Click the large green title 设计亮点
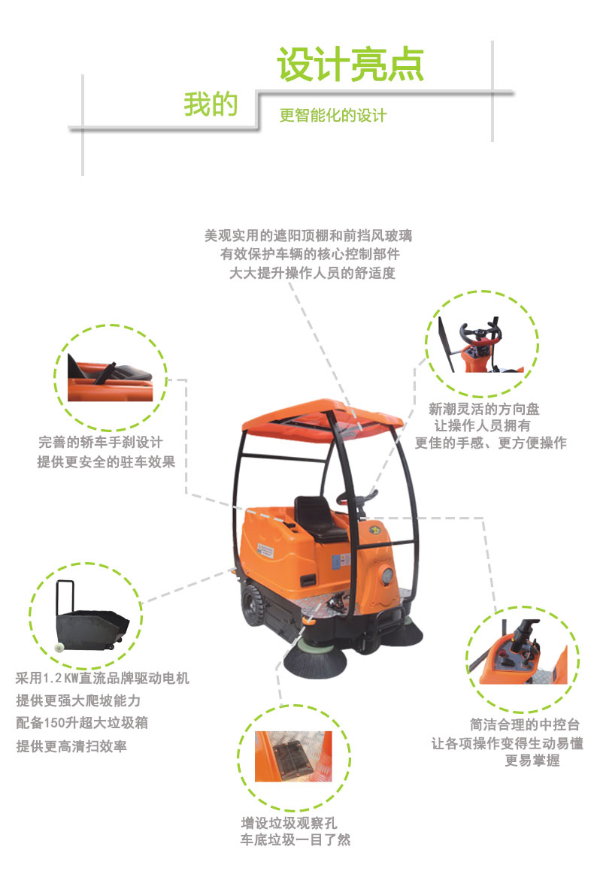pyautogui.click(x=350, y=64)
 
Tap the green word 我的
pyautogui.click(x=211, y=104)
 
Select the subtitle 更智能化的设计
pyautogui.click(x=333, y=116)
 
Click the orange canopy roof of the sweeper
pyautogui.click(x=323, y=416)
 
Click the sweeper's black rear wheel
pyautogui.click(x=254, y=604)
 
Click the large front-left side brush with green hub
pyautogui.click(x=316, y=658)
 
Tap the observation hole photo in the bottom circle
pyautogui.click(x=293, y=756)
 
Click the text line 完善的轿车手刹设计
pyautogui.click(x=101, y=442)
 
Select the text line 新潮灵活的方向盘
pyautogui.click(x=484, y=409)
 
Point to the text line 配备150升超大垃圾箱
pyautogui.click(x=82, y=722)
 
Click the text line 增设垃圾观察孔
pyautogui.click(x=289, y=823)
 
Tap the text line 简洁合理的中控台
pyautogui.click(x=525, y=724)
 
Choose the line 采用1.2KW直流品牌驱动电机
pyautogui.click(x=102, y=678)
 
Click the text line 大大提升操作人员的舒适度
pyautogui.click(x=312, y=273)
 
